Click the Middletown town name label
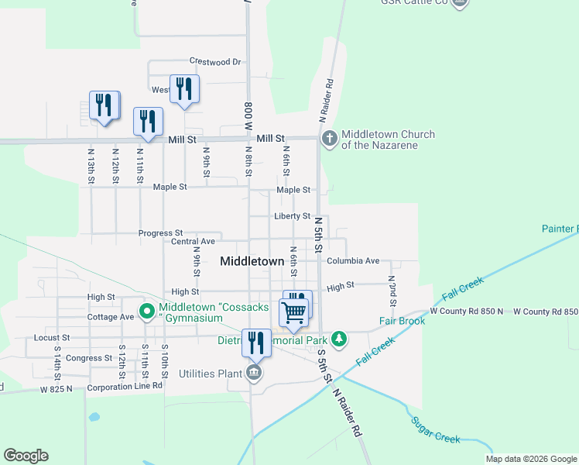click(x=252, y=261)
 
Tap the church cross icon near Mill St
click(x=329, y=139)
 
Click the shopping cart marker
click(x=294, y=313)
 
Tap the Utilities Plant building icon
click(x=254, y=374)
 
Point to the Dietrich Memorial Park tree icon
click(x=338, y=339)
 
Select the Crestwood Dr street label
click(x=215, y=61)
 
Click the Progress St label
click(x=160, y=232)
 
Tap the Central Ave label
click(x=193, y=242)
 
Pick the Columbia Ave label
click(x=353, y=260)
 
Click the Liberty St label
click(x=292, y=216)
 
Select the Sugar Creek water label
click(x=436, y=438)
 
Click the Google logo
click(x=26, y=456)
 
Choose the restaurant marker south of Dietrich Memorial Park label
click(x=256, y=343)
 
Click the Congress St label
click(x=89, y=358)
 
